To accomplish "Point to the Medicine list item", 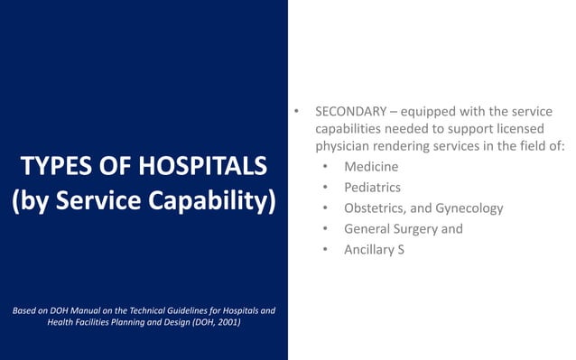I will tap(370, 167).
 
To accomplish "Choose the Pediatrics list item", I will tap(373, 188).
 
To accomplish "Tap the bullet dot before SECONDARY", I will tap(294, 112).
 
